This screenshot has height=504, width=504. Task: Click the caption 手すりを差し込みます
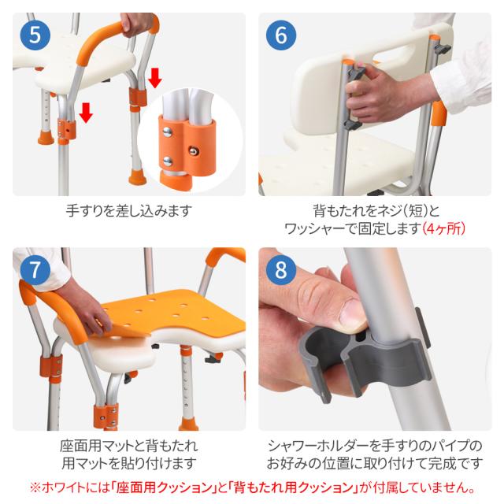[x=128, y=211]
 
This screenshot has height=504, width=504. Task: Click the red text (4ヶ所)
[x=444, y=228]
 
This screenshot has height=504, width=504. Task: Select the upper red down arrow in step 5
[x=155, y=76]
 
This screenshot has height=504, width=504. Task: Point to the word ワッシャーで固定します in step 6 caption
[x=352, y=228]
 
